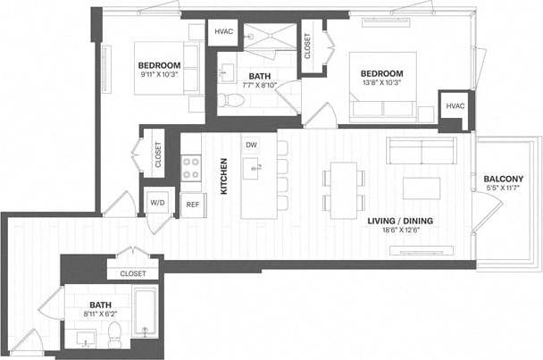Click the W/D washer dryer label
pos(157,203)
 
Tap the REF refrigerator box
pos(192,204)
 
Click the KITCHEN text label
pos(223,176)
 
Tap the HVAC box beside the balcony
pos(455,106)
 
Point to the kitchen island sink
pos(254,166)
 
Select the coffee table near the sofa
pos(422,188)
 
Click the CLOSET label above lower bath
pos(132,273)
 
